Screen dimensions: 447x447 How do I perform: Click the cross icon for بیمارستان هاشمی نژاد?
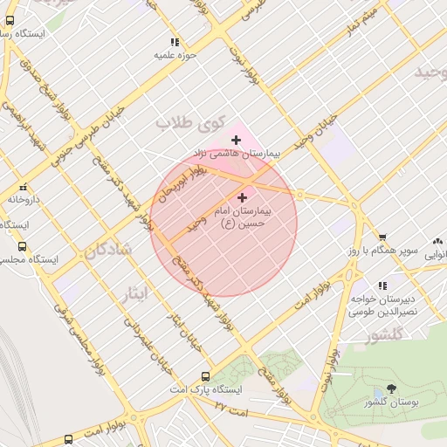coord(236,140)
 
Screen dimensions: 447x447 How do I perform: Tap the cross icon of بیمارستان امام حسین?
coord(242,198)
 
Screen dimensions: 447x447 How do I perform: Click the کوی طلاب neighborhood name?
coord(190,123)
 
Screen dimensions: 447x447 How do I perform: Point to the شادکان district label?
coord(109,251)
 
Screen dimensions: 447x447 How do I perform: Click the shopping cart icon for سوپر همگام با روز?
coord(382,237)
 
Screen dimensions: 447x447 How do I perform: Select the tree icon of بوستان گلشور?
coord(389,389)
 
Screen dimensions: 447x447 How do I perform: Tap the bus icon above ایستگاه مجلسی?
coord(22,246)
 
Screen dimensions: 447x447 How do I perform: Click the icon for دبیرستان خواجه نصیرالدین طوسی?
coord(382,285)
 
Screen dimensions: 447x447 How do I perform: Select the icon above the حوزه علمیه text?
coord(175,41)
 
